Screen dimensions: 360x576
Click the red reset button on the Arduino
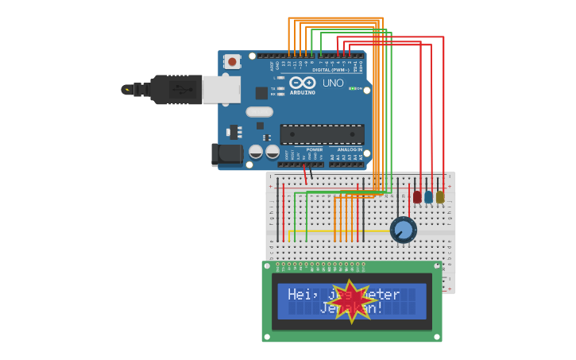pos(231,61)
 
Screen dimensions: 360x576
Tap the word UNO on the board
pos(333,83)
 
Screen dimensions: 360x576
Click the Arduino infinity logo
pos(302,82)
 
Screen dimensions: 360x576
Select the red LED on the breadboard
pos(417,196)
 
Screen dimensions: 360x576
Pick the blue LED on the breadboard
pos(428,196)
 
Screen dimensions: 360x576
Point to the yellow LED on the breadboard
pos(439,196)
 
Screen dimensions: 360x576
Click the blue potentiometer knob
pos(404,230)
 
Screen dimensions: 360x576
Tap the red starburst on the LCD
pos(350,301)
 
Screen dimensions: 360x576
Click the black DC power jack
pos(228,154)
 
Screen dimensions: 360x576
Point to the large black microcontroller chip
pos(322,134)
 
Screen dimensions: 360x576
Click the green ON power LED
pos(352,88)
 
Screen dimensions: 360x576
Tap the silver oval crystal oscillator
pos(259,112)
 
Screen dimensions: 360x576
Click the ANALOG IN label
pos(350,149)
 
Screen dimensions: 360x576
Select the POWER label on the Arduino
pos(315,149)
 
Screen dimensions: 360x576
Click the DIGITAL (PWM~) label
pos(331,70)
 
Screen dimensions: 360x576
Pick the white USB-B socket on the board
pos(221,89)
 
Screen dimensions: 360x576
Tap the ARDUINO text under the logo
pos(302,92)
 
